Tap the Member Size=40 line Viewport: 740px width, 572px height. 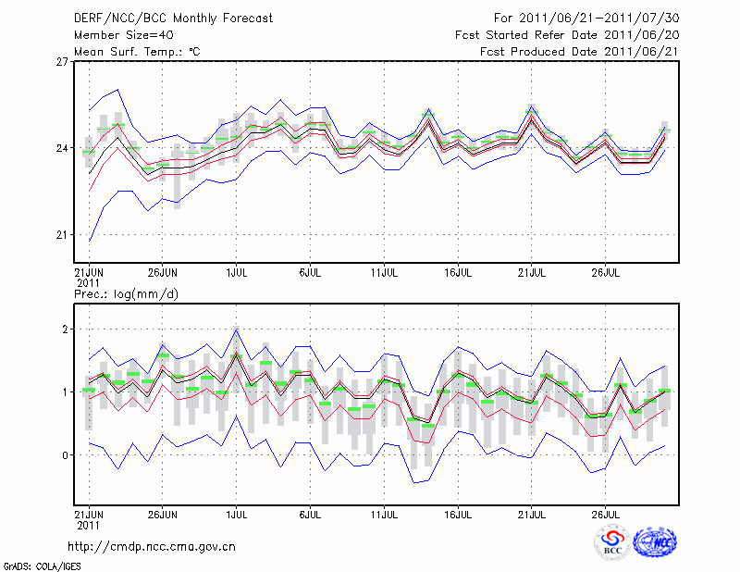(120, 35)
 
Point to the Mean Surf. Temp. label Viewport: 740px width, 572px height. (136, 52)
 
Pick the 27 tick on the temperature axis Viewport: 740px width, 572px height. (62, 62)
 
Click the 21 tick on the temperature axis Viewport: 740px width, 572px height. (62, 234)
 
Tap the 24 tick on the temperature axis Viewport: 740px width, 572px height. (62, 148)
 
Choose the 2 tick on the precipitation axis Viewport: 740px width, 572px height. (66, 329)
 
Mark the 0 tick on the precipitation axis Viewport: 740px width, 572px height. (66, 455)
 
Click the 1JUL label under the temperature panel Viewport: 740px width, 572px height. (237, 273)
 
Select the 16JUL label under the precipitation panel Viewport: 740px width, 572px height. (458, 512)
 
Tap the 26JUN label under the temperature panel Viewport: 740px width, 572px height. (163, 273)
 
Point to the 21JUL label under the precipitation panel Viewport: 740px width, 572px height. (532, 512)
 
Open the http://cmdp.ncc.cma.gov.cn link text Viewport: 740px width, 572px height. (152, 546)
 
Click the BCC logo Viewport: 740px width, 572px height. (612, 543)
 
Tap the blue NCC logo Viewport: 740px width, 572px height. (655, 543)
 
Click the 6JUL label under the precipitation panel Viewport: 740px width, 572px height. (310, 512)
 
